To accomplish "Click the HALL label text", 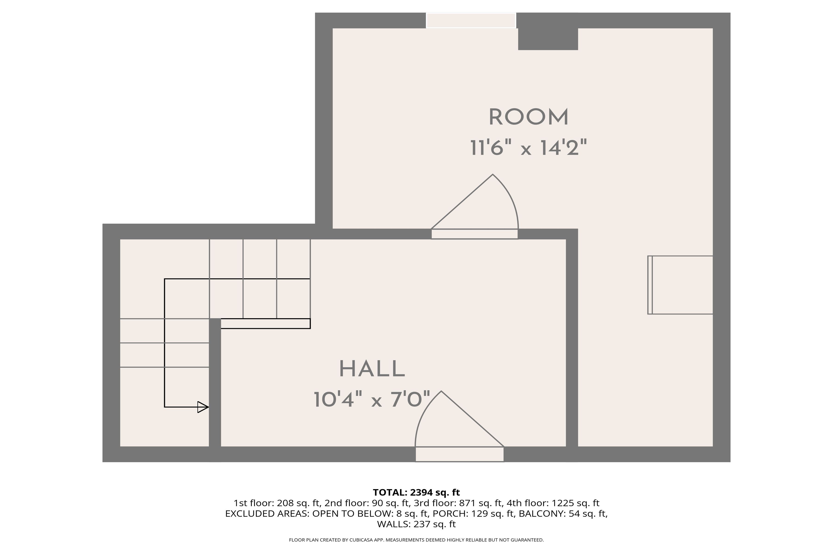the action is click(372, 369).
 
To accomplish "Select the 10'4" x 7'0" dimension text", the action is click(372, 399).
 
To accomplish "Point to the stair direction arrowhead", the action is click(203, 407).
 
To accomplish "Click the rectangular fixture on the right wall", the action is click(680, 285).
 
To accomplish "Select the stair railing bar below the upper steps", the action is click(266, 324).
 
